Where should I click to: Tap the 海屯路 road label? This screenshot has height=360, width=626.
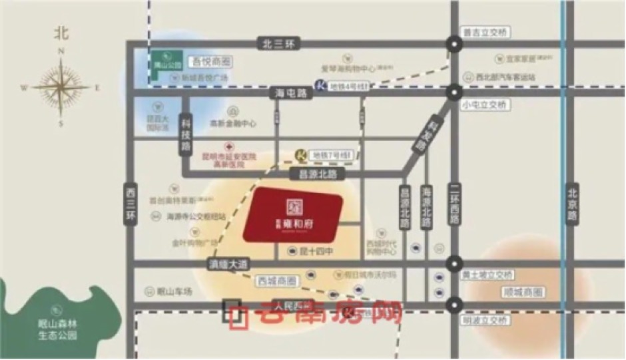tap(291, 94)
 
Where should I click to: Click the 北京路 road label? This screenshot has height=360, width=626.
tap(572, 204)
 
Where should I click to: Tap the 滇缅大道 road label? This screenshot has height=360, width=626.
tap(227, 264)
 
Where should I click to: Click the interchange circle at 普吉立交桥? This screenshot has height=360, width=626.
tap(455, 45)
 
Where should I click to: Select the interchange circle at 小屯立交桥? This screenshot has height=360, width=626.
tap(455, 92)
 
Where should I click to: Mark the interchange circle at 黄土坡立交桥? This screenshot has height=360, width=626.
tap(455, 263)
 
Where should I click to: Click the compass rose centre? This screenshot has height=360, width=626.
tap(61, 87)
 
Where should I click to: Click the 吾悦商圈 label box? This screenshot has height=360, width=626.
tap(212, 61)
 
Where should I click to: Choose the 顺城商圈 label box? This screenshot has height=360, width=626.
tap(524, 291)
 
